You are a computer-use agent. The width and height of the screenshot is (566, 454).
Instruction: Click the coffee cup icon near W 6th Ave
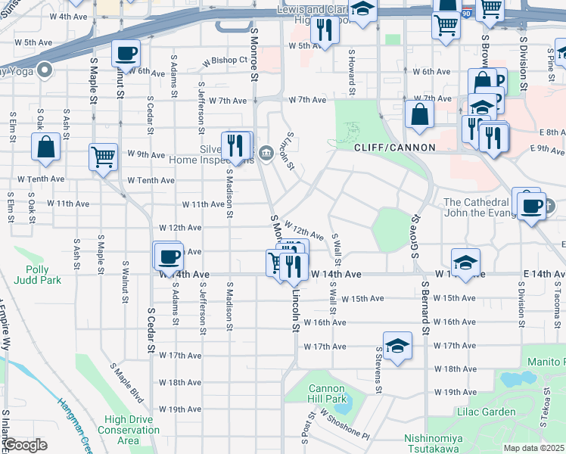[126, 54]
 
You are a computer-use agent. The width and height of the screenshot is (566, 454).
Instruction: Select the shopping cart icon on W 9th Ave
[104, 157]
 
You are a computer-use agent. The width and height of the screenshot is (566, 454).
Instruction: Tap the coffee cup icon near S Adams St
[167, 255]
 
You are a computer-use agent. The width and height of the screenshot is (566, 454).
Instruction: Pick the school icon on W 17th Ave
[397, 346]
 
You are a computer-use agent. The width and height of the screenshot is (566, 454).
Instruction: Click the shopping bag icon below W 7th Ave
[418, 114]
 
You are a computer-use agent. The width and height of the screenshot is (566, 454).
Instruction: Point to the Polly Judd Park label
[32, 275]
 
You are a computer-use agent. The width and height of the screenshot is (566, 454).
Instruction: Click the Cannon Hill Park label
[327, 393]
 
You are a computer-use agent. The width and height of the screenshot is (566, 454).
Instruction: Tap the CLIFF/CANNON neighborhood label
[393, 148]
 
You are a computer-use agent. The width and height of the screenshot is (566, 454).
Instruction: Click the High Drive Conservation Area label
[132, 430]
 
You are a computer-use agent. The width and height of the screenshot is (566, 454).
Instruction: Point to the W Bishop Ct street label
[218, 60]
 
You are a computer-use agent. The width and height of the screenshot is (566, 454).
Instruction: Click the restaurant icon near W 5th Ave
[325, 30]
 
